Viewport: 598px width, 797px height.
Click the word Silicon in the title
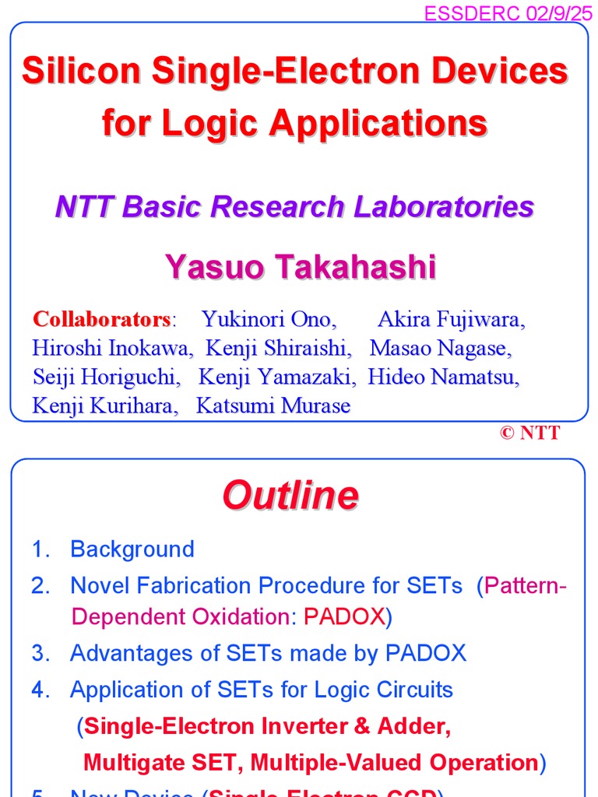[82, 72]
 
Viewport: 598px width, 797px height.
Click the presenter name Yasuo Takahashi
[301, 267]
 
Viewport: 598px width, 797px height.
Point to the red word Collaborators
[101, 319]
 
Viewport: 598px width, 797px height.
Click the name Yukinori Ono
[269, 319]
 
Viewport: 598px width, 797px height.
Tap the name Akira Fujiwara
[451, 319]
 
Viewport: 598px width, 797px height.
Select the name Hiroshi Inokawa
[112, 348]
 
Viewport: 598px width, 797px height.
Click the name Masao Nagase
[441, 348]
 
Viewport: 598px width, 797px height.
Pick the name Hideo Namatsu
[443, 377]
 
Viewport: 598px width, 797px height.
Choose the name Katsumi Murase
[273, 406]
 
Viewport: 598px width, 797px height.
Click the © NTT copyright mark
[529, 434]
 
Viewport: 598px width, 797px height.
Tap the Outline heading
[290, 495]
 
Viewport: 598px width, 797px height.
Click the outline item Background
[132, 549]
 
